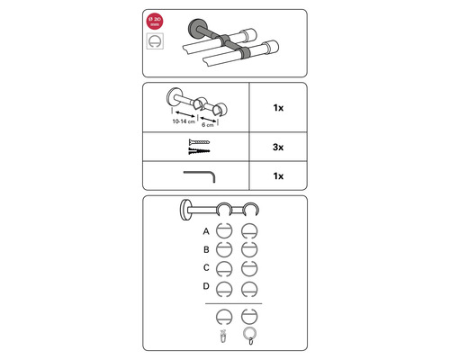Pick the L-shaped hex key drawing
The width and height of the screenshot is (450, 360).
coord(200,175)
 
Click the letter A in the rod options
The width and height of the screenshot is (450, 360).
coord(207,231)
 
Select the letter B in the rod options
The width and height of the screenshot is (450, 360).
coord(207,249)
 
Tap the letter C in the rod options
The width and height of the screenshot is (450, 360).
coord(207,267)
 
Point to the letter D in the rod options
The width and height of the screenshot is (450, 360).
coord(207,286)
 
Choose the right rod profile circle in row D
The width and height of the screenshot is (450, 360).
coord(250,288)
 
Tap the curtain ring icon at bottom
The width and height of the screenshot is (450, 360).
coord(250,336)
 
